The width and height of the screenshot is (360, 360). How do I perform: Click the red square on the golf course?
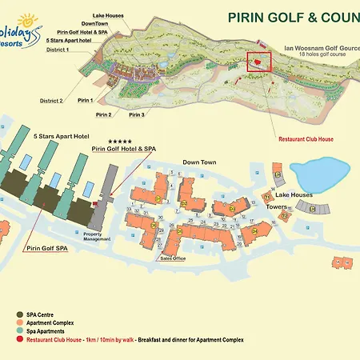coord(258,62)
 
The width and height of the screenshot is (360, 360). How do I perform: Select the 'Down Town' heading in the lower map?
coord(200,162)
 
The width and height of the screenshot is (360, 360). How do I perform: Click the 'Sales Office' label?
coord(172,258)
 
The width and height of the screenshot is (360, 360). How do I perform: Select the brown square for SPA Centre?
coord(18,314)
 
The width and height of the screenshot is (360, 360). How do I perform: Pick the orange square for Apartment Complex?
coord(18,323)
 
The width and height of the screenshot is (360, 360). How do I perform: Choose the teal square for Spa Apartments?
coord(18,331)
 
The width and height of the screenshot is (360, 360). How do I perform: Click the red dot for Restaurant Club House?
coord(18,340)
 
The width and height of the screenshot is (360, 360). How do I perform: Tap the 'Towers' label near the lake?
coord(277,206)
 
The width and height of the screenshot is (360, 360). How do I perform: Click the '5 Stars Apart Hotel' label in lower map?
coord(60,137)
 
